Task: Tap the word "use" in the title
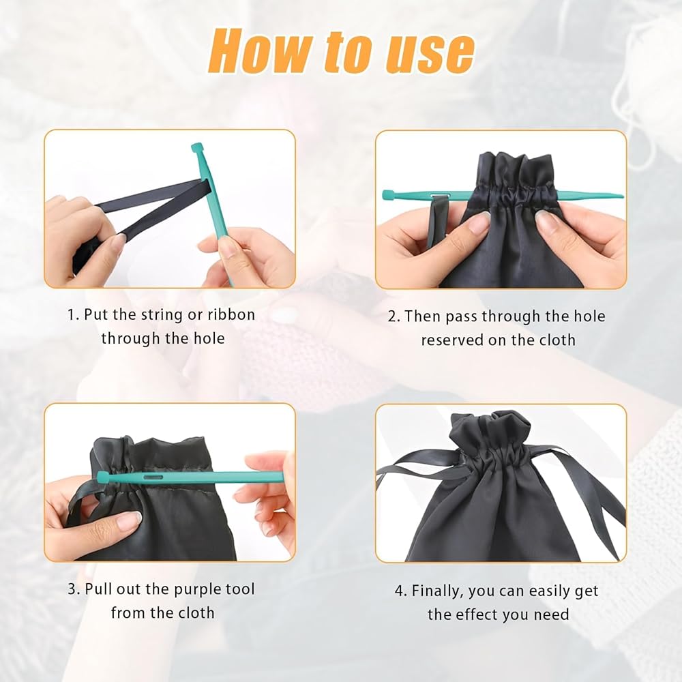click(430, 53)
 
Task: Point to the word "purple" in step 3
click(198, 590)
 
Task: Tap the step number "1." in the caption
click(73, 314)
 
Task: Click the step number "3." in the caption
click(74, 589)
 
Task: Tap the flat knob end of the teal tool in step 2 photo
click(385, 194)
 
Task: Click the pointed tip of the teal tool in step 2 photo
click(621, 196)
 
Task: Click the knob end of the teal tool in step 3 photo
click(102, 477)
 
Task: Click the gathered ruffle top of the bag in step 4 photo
click(490, 426)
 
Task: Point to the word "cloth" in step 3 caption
click(196, 613)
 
